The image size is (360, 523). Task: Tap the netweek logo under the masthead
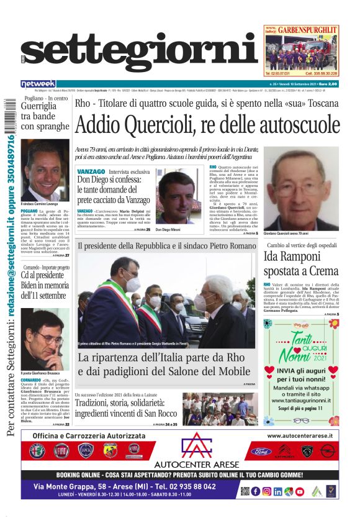[38, 83]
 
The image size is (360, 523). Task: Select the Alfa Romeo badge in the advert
[37, 450]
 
